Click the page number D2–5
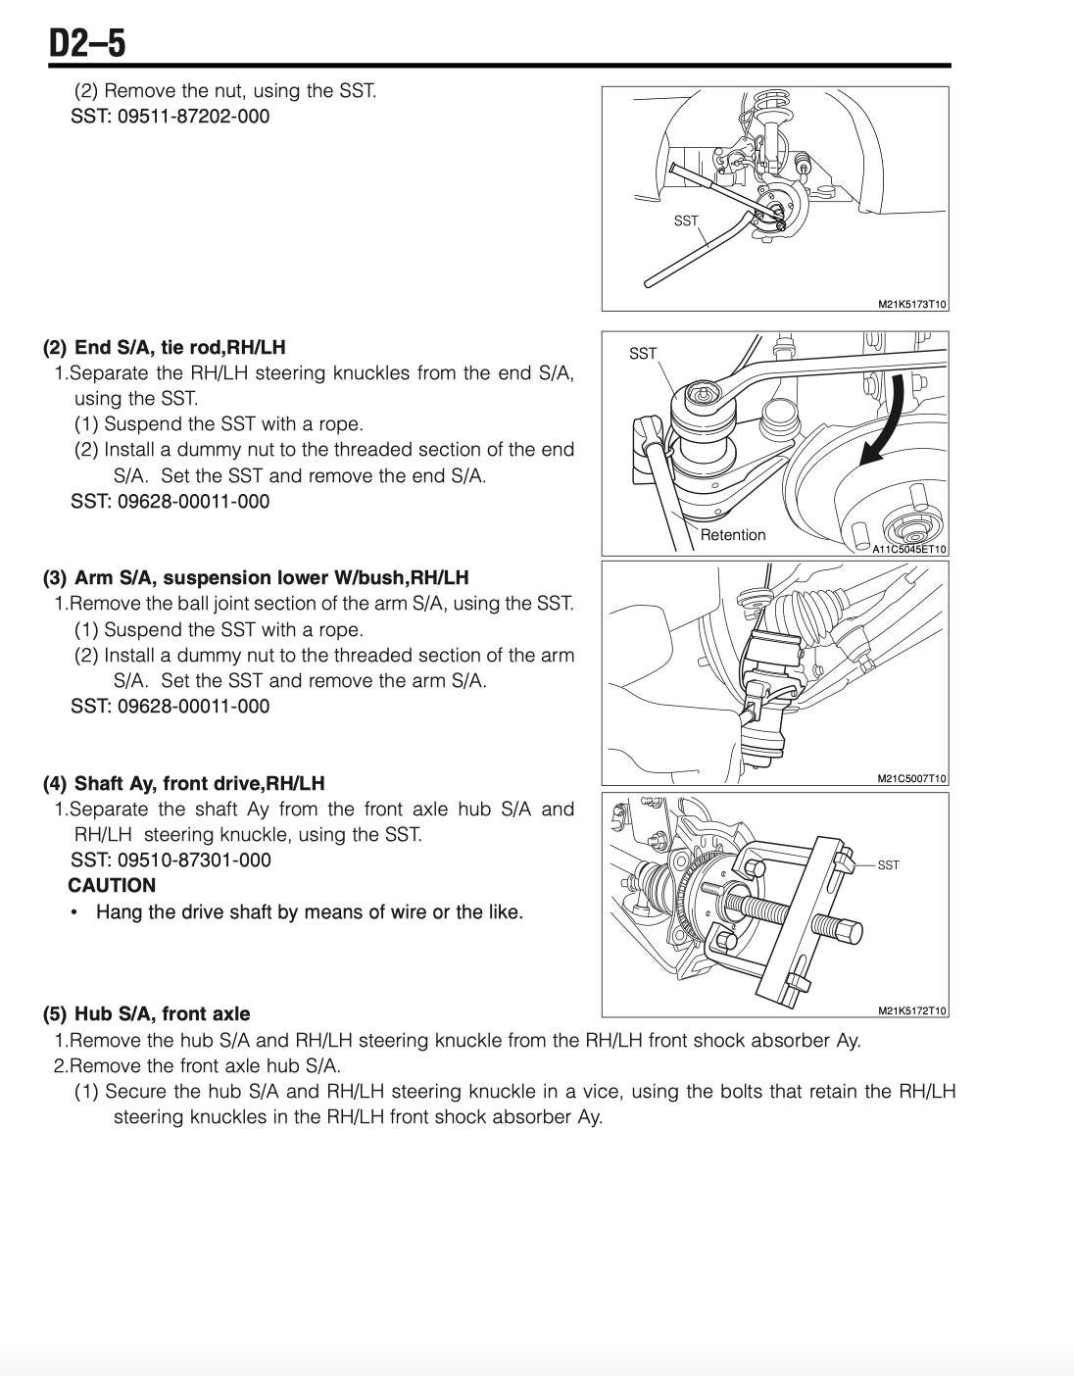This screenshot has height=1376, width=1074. click(x=87, y=44)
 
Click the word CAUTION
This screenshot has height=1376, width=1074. click(x=112, y=886)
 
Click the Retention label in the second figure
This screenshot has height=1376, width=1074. click(x=733, y=535)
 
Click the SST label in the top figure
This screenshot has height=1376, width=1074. click(x=686, y=221)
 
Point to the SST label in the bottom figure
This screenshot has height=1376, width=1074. click(x=888, y=865)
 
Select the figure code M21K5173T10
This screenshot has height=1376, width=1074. click(x=911, y=305)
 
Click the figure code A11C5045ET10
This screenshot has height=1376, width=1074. click(x=909, y=550)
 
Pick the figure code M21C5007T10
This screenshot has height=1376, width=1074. click(x=911, y=779)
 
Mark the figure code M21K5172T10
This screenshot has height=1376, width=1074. click(x=911, y=1011)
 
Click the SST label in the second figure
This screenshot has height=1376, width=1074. click(x=643, y=354)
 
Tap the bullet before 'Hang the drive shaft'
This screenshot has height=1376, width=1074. click(x=74, y=912)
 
